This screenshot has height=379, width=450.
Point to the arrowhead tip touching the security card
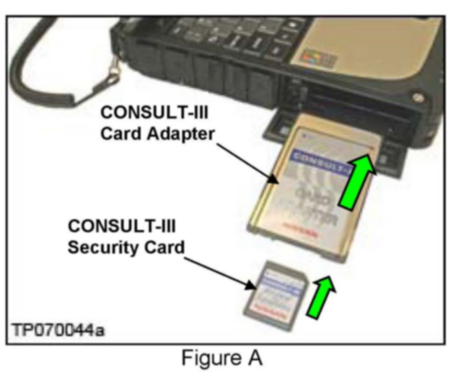(x=255, y=287)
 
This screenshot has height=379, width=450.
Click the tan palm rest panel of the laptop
(x=378, y=48)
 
